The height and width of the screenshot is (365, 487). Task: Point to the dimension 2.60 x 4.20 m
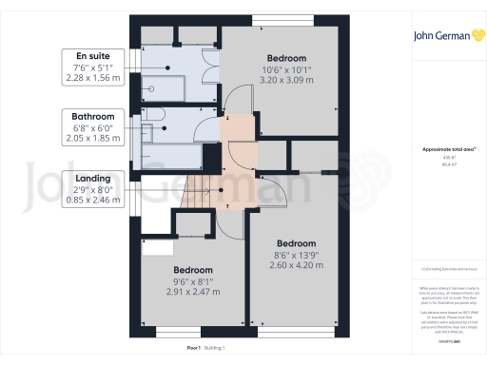pyautogui.click(x=298, y=265)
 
